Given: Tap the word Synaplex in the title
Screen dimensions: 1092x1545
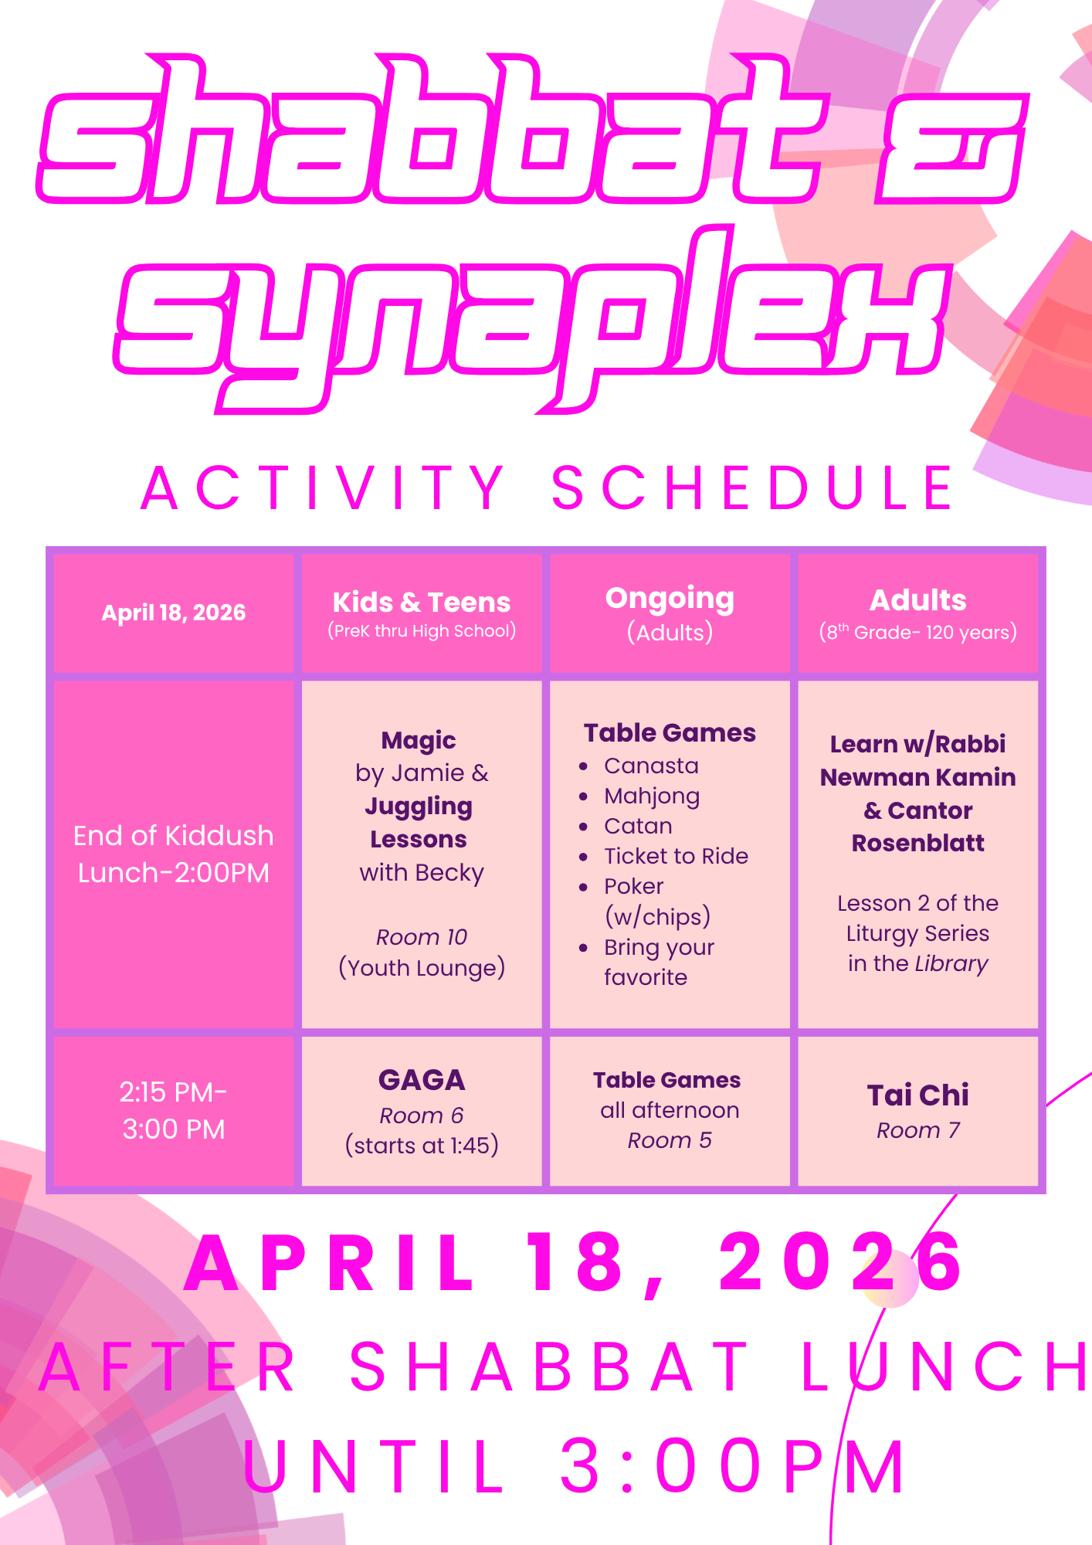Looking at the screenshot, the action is pyautogui.click(x=531, y=319).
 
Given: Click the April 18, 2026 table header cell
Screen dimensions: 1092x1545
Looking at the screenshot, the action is pyautogui.click(x=174, y=613).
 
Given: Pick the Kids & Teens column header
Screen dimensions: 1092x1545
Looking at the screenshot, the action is pyautogui.click(x=422, y=613).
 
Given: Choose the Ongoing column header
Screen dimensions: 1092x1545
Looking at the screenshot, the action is pyautogui.click(x=670, y=613).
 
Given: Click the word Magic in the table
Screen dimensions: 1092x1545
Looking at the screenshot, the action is pyautogui.click(x=419, y=741).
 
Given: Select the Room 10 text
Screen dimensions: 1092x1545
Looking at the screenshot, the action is pyautogui.click(x=422, y=937).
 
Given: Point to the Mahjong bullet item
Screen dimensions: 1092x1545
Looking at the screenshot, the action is pyautogui.click(x=652, y=796).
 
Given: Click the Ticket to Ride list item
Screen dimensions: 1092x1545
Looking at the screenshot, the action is pyautogui.click(x=677, y=856).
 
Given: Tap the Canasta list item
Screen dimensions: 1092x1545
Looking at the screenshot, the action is pyautogui.click(x=651, y=766).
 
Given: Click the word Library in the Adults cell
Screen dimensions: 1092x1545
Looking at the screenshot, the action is pyautogui.click(x=951, y=964).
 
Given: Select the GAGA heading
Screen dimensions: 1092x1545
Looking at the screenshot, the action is pyautogui.click(x=422, y=1080).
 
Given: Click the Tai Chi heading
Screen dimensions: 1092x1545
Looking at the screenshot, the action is pyautogui.click(x=918, y=1095).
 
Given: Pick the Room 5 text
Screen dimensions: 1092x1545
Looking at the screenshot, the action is pyautogui.click(x=670, y=1140).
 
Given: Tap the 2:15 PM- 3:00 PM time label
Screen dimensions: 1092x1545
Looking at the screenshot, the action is pyautogui.click(x=174, y=1110).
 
